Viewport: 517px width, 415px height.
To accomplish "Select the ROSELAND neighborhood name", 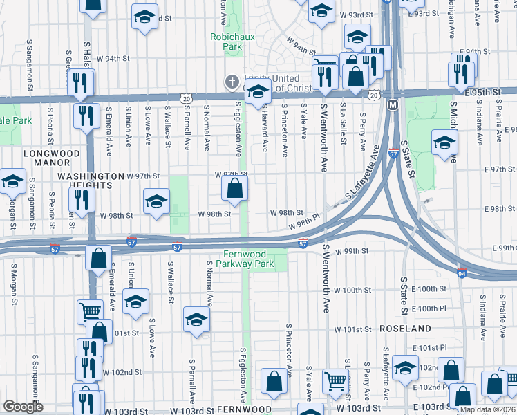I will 404,329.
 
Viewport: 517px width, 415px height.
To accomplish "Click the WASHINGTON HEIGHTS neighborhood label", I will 91,181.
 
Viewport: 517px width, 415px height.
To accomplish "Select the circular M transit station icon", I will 393,105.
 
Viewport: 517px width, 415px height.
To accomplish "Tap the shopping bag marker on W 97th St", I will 234,187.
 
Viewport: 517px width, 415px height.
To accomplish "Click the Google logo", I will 23,407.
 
